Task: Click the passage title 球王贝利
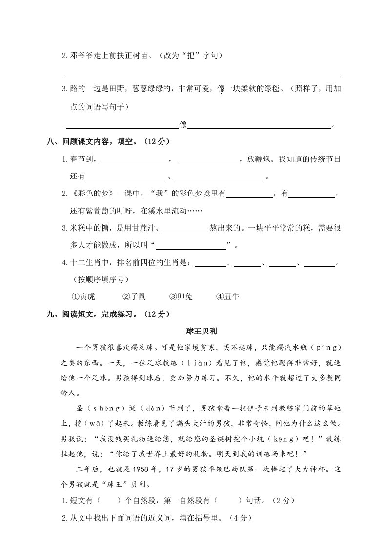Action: [202, 331]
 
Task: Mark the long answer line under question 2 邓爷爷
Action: [203, 76]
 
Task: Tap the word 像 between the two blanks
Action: [183, 125]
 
